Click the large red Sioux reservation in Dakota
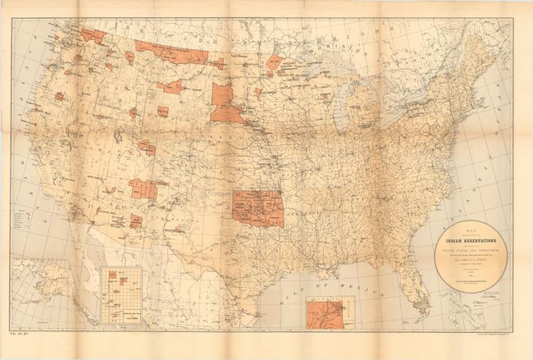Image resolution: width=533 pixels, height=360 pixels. point(225,105)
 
